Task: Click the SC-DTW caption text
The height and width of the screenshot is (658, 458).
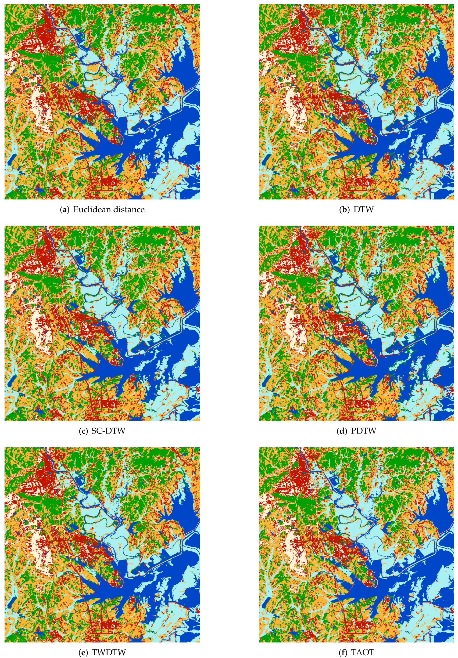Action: [x=108, y=431]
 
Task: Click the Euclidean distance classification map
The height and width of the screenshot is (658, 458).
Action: [x=102, y=102]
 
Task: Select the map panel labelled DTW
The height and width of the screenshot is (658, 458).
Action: [x=356, y=102]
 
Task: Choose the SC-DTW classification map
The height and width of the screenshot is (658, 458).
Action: [x=102, y=323]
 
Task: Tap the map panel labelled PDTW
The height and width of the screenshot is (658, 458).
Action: [x=356, y=323]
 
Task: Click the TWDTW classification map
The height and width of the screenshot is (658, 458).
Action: [x=102, y=544]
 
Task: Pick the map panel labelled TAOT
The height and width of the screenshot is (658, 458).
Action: [x=356, y=544]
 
